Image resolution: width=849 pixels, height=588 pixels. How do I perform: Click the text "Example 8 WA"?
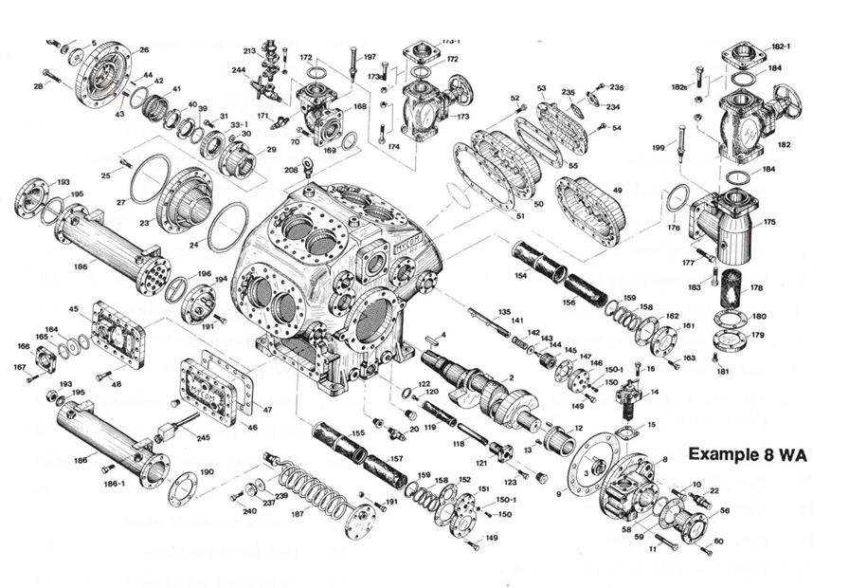(x=747, y=453)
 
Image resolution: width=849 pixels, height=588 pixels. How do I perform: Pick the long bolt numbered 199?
(x=681, y=142)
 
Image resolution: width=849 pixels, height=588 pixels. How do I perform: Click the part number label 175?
(x=768, y=222)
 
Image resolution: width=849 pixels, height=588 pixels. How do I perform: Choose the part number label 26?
(x=144, y=49)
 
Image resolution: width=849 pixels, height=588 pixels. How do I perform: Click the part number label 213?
(x=250, y=50)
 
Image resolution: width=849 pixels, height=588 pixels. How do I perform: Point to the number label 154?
(x=520, y=275)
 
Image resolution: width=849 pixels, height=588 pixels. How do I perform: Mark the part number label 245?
(x=203, y=438)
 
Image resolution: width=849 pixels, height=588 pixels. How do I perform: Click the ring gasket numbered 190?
(x=182, y=488)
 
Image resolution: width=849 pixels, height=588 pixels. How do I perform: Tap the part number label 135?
(x=504, y=312)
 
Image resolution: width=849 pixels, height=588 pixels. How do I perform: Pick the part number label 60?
(x=717, y=542)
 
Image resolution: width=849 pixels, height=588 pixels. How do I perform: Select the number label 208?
(x=291, y=169)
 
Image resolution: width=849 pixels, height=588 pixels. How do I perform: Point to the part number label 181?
(x=723, y=371)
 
